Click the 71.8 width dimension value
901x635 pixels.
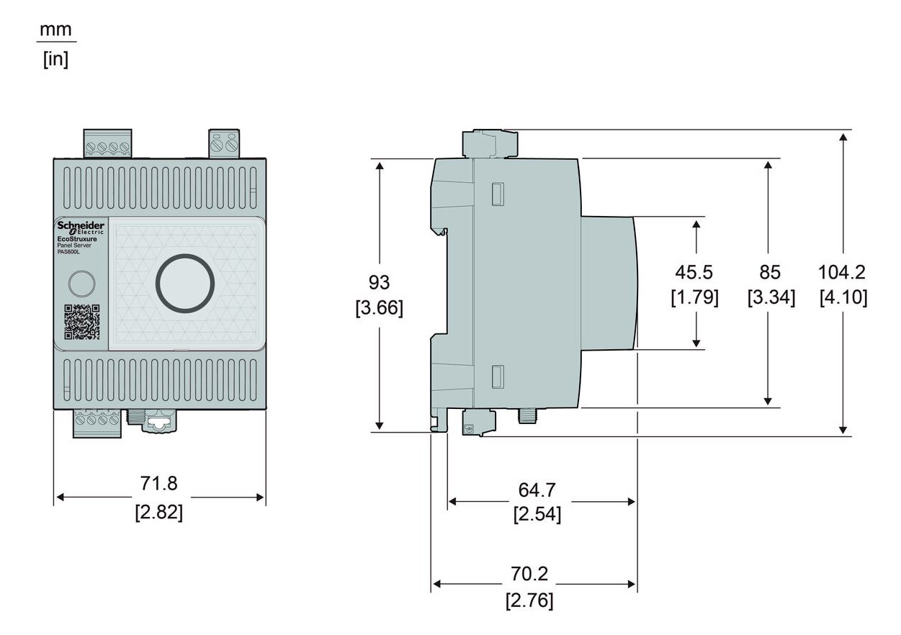coord(158,483)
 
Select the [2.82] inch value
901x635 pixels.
coord(158,512)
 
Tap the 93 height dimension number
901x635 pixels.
coord(380,282)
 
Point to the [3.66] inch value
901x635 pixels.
coord(380,308)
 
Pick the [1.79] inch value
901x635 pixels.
coord(694,297)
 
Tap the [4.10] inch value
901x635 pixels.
coord(843,297)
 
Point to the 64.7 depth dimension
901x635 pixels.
coord(537,490)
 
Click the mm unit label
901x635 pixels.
coord(56,30)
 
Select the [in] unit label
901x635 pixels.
coord(56,58)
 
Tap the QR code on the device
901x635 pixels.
coord(81,322)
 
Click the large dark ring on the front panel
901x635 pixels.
coord(185,283)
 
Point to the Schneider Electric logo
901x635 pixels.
coord(81,228)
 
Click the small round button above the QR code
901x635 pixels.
coord(81,283)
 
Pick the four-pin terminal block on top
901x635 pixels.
coord(107,143)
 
